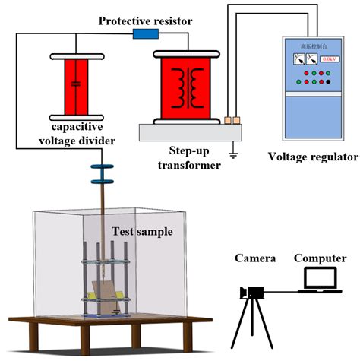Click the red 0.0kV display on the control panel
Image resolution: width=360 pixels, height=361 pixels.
point(330,59)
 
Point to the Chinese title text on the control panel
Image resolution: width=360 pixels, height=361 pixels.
point(314,46)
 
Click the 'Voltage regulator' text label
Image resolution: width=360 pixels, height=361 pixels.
point(312,157)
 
